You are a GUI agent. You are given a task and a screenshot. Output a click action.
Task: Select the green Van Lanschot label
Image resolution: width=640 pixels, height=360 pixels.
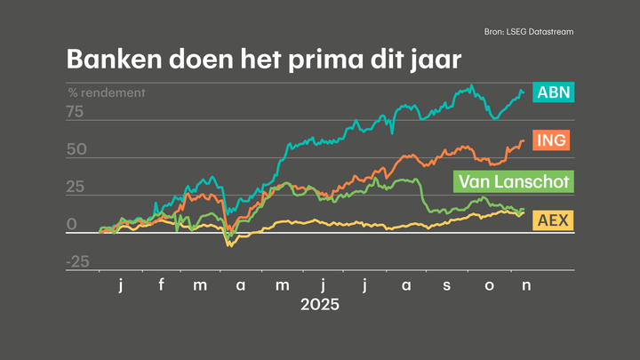click(x=513, y=182)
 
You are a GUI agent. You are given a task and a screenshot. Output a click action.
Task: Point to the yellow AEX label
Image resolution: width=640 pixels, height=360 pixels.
click(x=552, y=220)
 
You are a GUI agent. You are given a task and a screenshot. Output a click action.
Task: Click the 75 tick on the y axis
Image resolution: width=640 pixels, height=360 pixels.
click(x=75, y=112)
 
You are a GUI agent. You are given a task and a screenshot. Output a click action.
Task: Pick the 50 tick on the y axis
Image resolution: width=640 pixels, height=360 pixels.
click(x=75, y=149)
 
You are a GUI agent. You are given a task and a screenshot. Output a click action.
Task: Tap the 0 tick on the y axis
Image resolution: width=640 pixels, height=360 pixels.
click(x=71, y=225)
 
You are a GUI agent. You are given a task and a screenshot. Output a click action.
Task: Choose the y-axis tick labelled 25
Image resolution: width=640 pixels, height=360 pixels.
click(x=75, y=188)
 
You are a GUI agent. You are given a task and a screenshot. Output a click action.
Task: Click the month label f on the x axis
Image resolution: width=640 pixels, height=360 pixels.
click(x=161, y=284)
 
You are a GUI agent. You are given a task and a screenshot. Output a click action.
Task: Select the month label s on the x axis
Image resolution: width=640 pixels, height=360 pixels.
click(x=446, y=284)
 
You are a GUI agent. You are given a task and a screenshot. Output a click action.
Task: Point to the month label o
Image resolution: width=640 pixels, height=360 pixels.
click(x=487, y=284)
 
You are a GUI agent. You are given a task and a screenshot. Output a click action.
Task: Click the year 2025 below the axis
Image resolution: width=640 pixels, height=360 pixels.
click(x=320, y=305)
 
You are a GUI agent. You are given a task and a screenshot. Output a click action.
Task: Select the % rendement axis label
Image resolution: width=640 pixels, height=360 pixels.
click(x=107, y=92)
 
